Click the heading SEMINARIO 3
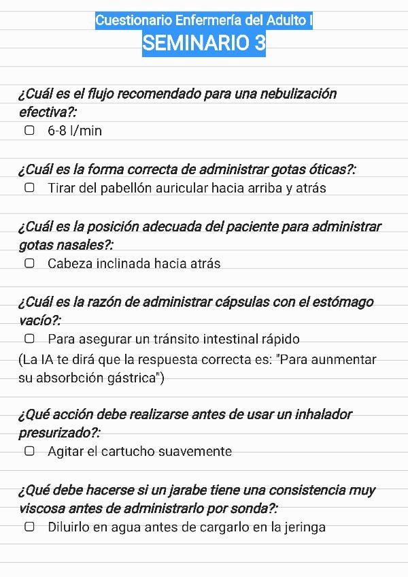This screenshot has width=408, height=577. [204, 44]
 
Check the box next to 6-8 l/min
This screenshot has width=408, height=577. [29, 130]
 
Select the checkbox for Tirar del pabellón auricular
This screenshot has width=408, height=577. [29, 188]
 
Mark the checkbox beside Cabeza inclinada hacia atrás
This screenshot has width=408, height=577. [29, 263]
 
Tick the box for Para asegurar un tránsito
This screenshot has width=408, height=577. [29, 338]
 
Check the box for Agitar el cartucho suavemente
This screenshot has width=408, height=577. [29, 450]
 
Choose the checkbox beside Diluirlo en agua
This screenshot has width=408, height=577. [29, 526]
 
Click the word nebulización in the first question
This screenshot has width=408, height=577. [297, 94]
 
